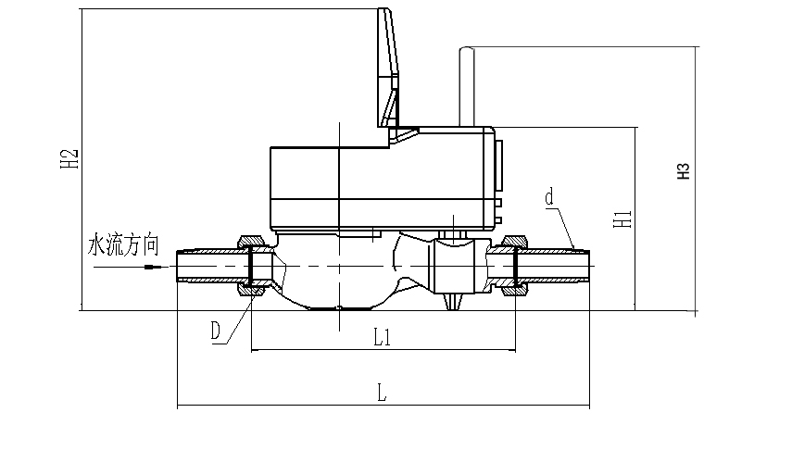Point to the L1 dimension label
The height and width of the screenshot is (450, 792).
[x=382, y=338]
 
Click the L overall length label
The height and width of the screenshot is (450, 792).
[x=382, y=393]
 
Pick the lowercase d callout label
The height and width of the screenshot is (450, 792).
[x=549, y=197]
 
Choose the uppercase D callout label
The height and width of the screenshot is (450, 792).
[x=216, y=331]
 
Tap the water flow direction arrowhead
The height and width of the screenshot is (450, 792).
[x=152, y=269]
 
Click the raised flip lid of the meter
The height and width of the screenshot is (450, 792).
[x=389, y=69]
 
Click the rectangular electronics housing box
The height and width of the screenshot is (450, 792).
[x=380, y=185]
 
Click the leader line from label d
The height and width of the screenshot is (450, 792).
[x=564, y=227]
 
